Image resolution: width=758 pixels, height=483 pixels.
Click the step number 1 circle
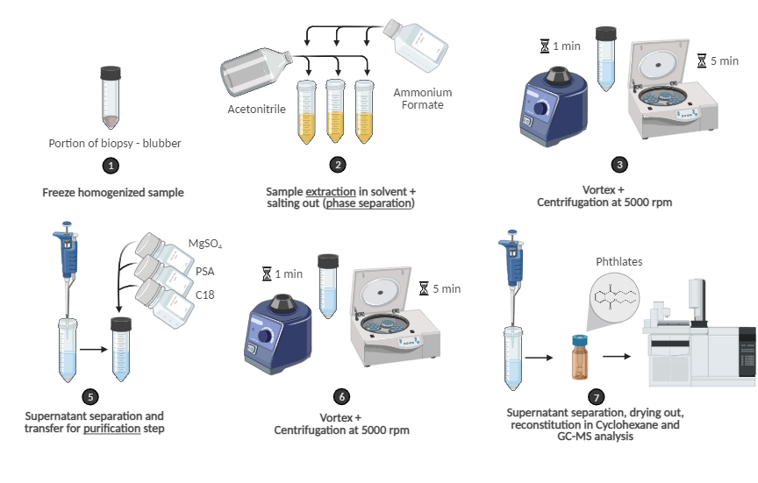click(110, 165)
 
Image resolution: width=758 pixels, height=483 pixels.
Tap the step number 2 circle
click(338, 165)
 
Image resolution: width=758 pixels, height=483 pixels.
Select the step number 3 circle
click(621, 165)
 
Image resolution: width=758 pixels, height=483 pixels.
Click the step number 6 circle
click(341, 395)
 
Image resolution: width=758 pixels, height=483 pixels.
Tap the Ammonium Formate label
click(422, 99)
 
